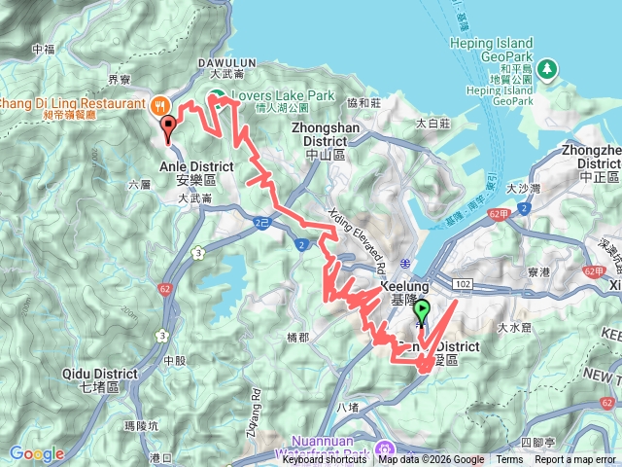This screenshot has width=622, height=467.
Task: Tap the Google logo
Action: [x=37, y=453]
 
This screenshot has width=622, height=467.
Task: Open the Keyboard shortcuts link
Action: [x=325, y=460]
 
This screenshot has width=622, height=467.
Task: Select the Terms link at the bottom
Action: [x=509, y=460]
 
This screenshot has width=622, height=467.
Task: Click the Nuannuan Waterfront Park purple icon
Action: [x=386, y=449]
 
